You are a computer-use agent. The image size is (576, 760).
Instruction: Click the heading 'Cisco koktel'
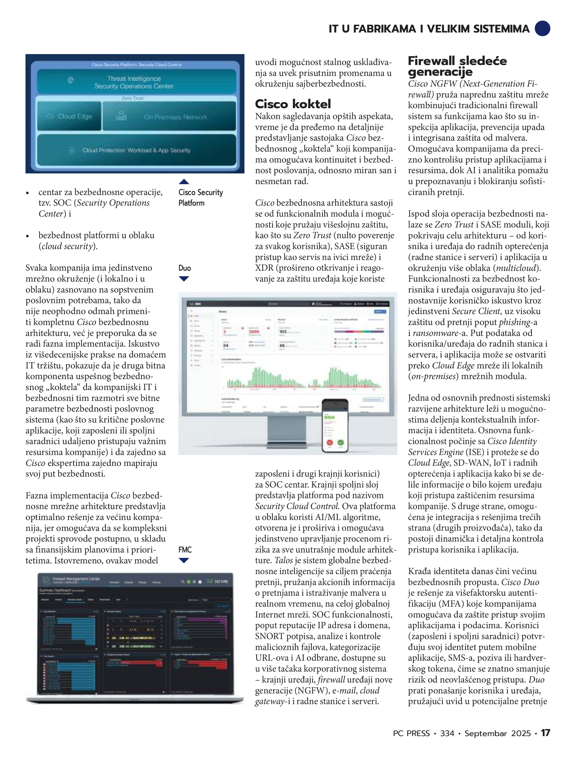coord(293,104)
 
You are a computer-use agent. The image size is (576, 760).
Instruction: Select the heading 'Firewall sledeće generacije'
coord(457,66)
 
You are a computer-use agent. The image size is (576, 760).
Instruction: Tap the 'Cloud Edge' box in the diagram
coord(69,116)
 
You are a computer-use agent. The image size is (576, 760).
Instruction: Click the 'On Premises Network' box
coord(169,117)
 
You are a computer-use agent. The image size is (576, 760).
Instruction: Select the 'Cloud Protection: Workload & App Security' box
coord(137,150)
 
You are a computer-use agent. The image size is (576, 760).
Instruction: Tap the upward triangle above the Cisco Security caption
coord(184,181)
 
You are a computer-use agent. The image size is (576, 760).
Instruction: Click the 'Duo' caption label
coord(185,268)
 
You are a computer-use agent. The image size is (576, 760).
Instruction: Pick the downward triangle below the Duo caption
coord(184,279)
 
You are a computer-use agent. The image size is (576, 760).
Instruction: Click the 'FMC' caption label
coord(185,550)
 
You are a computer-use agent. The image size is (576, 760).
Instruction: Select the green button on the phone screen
coord(341,443)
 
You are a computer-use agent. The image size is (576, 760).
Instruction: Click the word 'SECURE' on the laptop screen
coord(221,581)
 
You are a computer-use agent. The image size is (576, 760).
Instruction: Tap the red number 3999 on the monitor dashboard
coord(254,332)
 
